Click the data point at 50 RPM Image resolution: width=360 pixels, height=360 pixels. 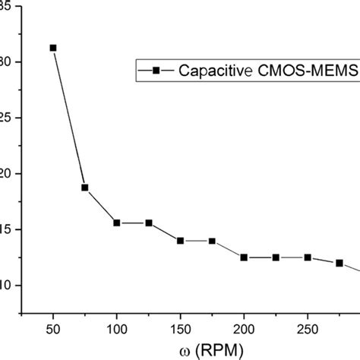pos(53,48)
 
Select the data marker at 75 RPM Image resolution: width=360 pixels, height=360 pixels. pos(85,188)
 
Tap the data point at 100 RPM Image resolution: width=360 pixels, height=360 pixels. pos(117,223)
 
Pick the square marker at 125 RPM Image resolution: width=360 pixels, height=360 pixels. pos(149,223)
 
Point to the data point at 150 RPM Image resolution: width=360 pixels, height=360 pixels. pos(181,241)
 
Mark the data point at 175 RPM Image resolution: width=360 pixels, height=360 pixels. pos(212,241)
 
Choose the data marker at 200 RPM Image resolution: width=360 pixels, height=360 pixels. pos(244,257)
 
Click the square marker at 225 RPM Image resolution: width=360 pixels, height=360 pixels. pos(276,257)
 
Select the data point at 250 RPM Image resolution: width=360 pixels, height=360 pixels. pos(308,257)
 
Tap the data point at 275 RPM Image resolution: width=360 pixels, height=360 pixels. pos(339,263)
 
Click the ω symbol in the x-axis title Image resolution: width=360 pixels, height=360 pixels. pos(150,349)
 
